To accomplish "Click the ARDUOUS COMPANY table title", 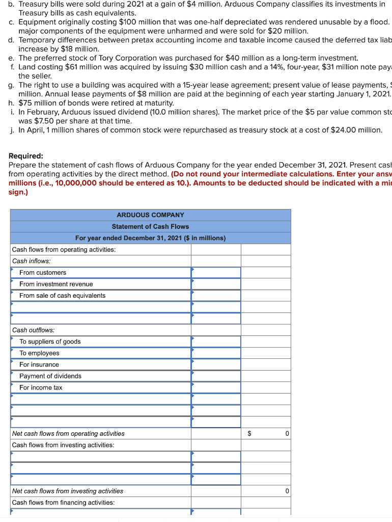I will [150, 215].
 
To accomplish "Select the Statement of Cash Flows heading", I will [150, 226].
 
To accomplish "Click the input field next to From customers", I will [216, 273].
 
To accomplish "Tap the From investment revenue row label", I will [56, 284].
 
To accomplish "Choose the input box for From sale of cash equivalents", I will [216, 296].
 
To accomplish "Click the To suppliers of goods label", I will [50, 342].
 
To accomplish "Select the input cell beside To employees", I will [216, 353].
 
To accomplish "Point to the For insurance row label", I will [39, 364].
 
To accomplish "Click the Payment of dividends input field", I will [216, 376].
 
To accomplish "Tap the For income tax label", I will [41, 387].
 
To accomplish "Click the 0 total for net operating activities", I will [287, 434].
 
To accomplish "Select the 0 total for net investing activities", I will [287, 491].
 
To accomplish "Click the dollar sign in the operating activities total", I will [249, 434].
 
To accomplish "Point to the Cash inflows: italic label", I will [32, 261].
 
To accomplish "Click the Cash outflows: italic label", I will [33, 330].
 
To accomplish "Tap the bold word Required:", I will [26, 156].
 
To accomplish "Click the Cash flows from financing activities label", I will [63, 503].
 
